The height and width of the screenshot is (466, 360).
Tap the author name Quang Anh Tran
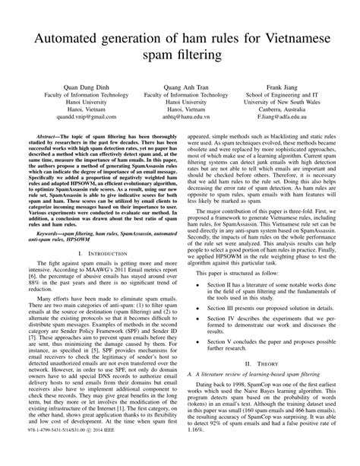pos(179,87)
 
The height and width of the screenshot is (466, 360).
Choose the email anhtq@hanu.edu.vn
pos(179,118)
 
